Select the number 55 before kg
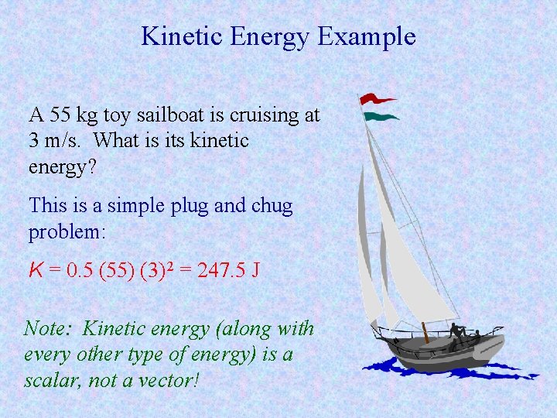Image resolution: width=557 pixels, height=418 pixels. coord(59,115)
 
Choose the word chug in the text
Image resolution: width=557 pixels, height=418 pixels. coord(272,206)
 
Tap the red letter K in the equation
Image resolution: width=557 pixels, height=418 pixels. coord(35,270)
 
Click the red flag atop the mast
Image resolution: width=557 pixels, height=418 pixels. coord(378,100)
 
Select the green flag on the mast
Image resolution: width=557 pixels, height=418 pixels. coord(382,117)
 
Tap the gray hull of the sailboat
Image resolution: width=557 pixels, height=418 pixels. coord(433,356)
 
